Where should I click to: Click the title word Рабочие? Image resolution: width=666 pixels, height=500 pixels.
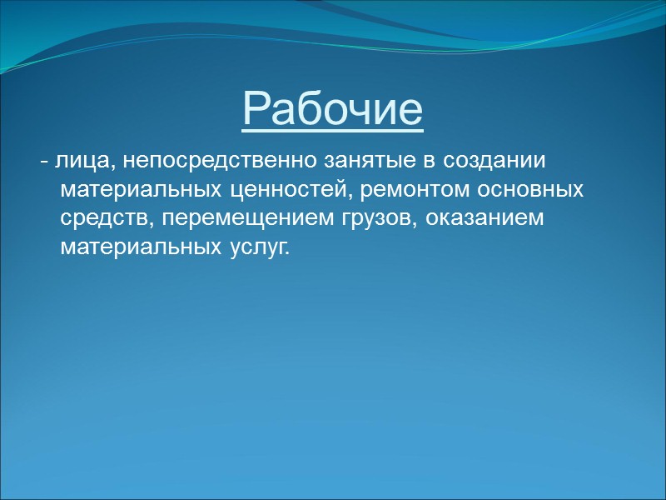pyautogui.click(x=333, y=108)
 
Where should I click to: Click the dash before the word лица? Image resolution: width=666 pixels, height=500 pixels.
pyautogui.click(x=43, y=162)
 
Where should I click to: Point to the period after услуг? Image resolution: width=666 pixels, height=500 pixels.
pyautogui.click(x=291, y=253)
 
